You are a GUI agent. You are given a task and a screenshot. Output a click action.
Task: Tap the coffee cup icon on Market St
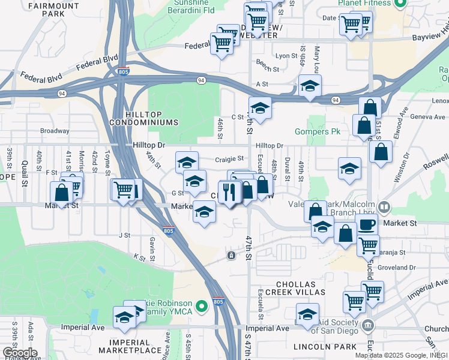(x=367, y=224)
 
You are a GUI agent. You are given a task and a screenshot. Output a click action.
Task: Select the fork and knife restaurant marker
(x=229, y=191)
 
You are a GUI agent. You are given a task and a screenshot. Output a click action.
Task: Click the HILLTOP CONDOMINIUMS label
(x=144, y=118)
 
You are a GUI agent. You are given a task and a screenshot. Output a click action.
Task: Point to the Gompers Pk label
(x=318, y=131)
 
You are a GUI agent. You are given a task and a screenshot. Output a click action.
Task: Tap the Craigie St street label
(x=229, y=159)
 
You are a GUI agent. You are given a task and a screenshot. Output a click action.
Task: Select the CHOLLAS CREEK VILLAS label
(x=300, y=287)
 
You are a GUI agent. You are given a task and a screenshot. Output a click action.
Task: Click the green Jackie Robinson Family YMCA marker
(x=202, y=305)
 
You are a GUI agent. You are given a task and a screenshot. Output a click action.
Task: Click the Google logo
(x=19, y=352)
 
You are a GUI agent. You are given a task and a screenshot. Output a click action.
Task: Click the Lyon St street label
(x=282, y=55)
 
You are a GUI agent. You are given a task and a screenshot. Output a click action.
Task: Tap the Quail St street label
(x=25, y=172)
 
